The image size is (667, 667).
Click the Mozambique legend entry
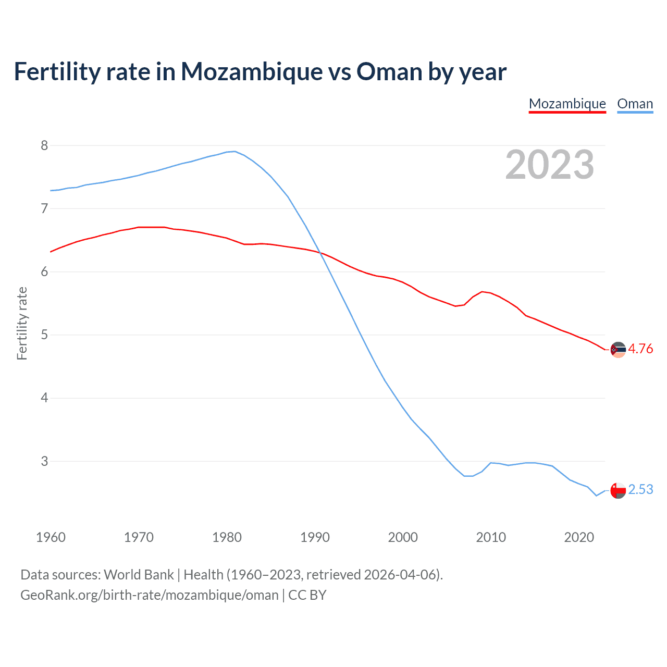pos(567,104)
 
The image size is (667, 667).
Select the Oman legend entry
pos(635,104)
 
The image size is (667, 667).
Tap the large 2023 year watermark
pos(550,165)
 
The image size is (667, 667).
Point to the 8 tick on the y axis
pos(44,145)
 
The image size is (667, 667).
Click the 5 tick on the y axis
pos(44,335)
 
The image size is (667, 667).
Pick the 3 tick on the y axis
pos(44,461)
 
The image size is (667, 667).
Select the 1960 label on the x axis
pos(51,537)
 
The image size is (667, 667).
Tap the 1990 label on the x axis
pos(315,537)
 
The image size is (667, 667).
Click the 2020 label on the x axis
pos(579,537)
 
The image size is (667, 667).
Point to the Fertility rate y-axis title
pos(22,323)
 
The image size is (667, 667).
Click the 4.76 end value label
pos(640,349)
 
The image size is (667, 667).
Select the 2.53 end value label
pos(640,490)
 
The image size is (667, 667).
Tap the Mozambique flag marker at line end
pos(618,350)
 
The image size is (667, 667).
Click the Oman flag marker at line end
pos(618,490)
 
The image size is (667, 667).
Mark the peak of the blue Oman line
pos(234,152)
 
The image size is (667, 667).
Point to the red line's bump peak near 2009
pos(482,291)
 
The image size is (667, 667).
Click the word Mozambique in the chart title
pos(251,71)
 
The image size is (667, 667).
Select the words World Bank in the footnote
pos(139,575)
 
